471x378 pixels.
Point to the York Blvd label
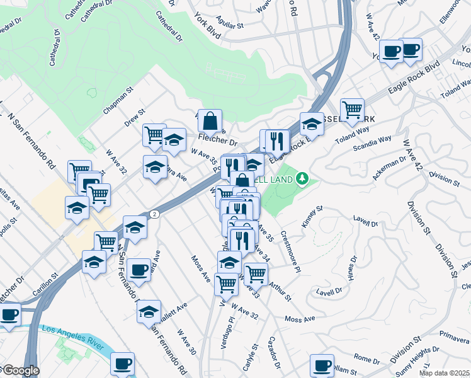(x=207, y=26)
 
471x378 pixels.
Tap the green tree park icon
(x=304, y=180)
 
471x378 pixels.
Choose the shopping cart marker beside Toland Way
(x=352, y=108)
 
